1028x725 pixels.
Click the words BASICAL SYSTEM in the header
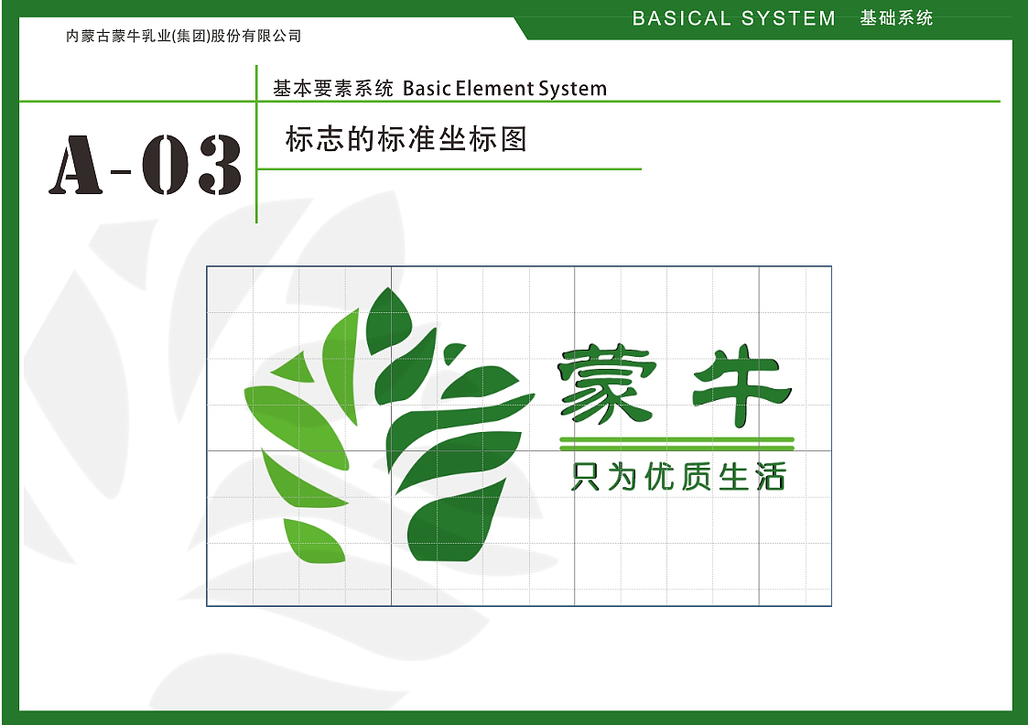[x=733, y=18]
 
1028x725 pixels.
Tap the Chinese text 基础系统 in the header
[x=896, y=17]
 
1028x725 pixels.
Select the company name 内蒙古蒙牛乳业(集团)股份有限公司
[x=184, y=37]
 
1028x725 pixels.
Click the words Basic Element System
[x=504, y=89]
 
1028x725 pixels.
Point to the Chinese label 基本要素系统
[x=333, y=89]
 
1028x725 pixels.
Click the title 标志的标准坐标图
[x=406, y=139]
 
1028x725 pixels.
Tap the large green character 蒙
[x=607, y=384]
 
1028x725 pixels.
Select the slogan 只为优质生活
[x=677, y=477]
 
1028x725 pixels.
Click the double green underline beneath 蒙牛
[x=676, y=444]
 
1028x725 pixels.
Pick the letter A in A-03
[x=76, y=166]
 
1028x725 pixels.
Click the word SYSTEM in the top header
[x=789, y=18]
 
